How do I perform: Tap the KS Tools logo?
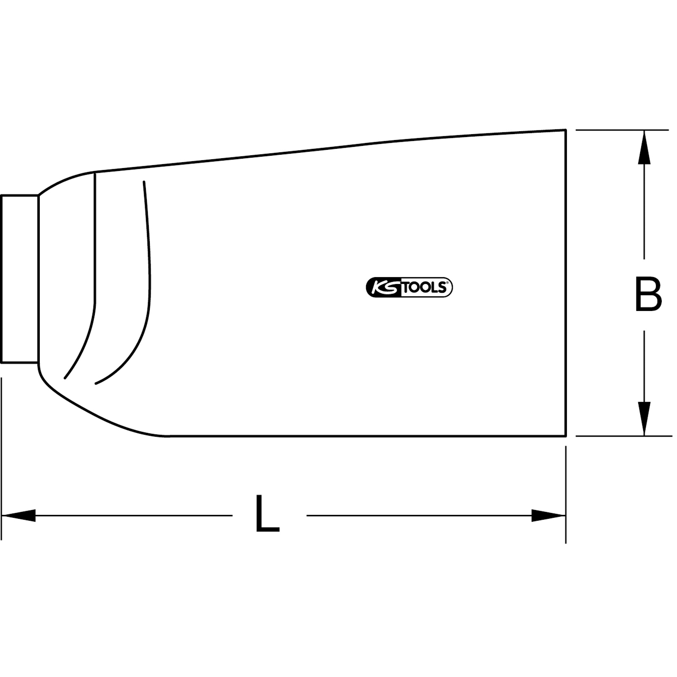pyautogui.click(x=409, y=288)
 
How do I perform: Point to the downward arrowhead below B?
pyautogui.click(x=644, y=418)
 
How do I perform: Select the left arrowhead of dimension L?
pyautogui.click(x=19, y=515)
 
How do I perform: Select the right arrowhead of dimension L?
pyautogui.click(x=548, y=515)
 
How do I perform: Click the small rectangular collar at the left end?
pyautogui.click(x=20, y=279)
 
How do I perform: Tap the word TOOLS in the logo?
pyautogui.click(x=424, y=288)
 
